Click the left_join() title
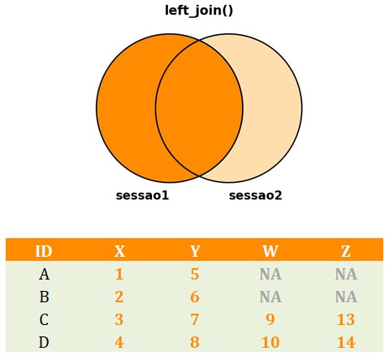pyautogui.click(x=199, y=11)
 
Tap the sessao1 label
pyautogui.click(x=142, y=195)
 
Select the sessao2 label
pyautogui.click(x=256, y=195)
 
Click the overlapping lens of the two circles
pyautogui.click(x=199, y=108)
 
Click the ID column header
pyautogui.click(x=44, y=251)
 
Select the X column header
pyautogui.click(x=119, y=251)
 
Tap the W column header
pyautogui.click(x=270, y=251)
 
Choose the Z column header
pyautogui.click(x=346, y=251)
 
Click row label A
pyautogui.click(x=44, y=274)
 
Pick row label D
pyautogui.click(x=44, y=342)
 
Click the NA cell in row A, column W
pyautogui.click(x=270, y=274)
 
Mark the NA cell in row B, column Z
pyautogui.click(x=346, y=297)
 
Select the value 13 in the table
pyautogui.click(x=346, y=319)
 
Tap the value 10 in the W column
pyautogui.click(x=270, y=342)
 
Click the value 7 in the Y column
pyautogui.click(x=195, y=319)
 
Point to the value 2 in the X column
pyautogui.click(x=119, y=297)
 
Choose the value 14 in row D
pyautogui.click(x=346, y=342)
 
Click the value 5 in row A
pyautogui.click(x=195, y=274)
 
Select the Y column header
pyautogui.click(x=195, y=251)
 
